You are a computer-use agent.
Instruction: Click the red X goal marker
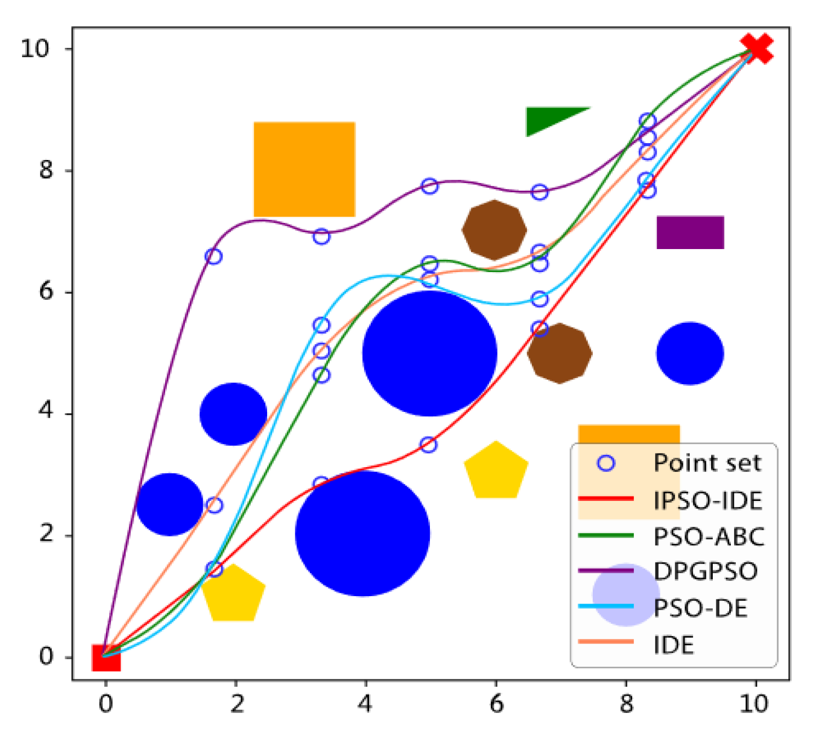point(756,48)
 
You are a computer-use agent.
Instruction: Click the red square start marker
point(106,658)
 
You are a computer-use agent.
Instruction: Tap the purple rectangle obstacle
point(690,232)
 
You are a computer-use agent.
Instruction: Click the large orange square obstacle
point(304,169)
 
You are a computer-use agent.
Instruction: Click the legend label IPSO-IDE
point(708,500)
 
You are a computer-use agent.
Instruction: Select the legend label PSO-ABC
point(709,536)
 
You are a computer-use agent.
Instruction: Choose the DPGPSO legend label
point(705,571)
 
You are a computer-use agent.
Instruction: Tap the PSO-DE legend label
point(700,608)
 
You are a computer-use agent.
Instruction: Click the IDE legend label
point(674,645)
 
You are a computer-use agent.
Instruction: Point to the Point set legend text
point(707,463)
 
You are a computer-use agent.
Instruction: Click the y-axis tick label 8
point(46,170)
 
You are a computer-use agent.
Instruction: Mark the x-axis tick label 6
point(496,703)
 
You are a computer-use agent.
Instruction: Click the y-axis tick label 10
point(35,48)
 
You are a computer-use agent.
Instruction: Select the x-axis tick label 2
point(236,703)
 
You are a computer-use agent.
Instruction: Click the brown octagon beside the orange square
point(494,230)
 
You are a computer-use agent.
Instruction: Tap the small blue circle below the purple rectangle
point(690,353)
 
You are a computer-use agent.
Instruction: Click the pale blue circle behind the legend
point(625,594)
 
